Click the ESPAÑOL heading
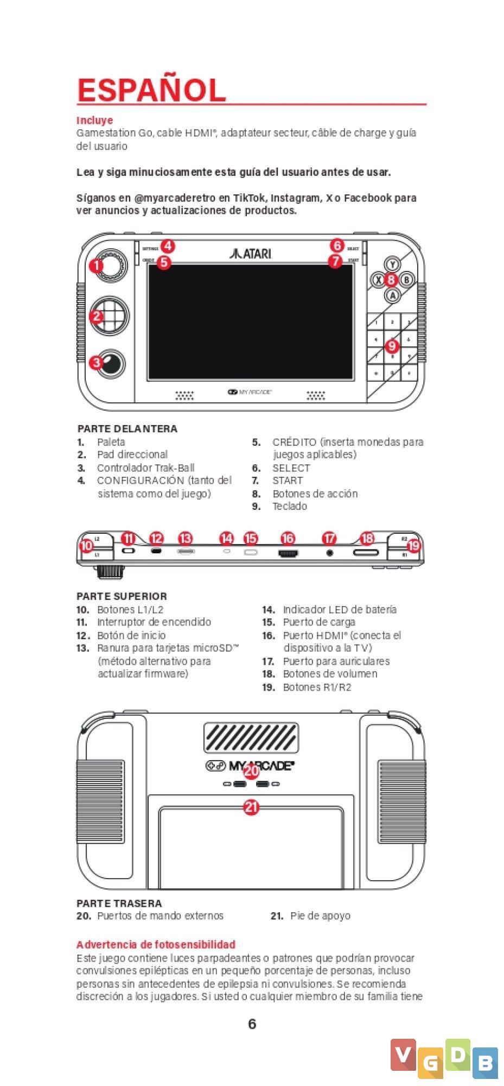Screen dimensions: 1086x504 (x=151, y=90)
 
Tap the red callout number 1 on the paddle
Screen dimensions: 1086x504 (x=97, y=266)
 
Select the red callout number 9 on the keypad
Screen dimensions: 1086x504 (x=392, y=346)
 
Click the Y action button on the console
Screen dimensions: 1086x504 (x=392, y=264)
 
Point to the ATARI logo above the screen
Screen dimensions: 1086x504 (x=251, y=253)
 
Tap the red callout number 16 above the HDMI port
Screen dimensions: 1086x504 (x=288, y=538)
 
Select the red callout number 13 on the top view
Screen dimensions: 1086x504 (x=186, y=538)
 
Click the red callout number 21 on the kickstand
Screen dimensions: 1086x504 (x=251, y=807)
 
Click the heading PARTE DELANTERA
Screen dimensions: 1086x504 (x=127, y=428)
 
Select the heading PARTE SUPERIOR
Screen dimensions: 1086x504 (x=122, y=596)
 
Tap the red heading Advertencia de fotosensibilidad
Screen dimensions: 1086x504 (x=156, y=944)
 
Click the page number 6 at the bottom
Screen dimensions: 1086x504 (x=252, y=1024)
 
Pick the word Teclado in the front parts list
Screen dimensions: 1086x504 (x=290, y=506)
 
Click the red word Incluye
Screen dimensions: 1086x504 (x=94, y=120)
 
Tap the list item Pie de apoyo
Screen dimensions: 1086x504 (x=320, y=915)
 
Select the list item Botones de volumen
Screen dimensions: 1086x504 (x=330, y=673)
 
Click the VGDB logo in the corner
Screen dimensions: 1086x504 (x=444, y=1059)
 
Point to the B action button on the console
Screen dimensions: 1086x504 (x=406, y=280)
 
